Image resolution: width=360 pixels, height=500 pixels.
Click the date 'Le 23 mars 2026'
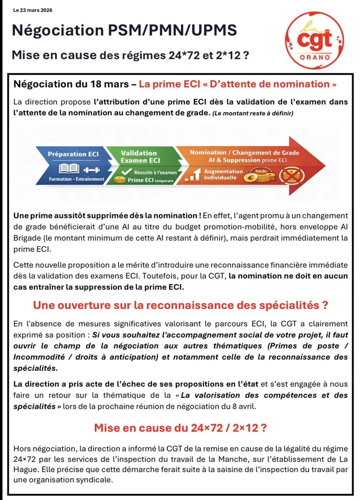(x=33, y=10)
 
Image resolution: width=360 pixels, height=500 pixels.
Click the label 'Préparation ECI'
(x=73, y=154)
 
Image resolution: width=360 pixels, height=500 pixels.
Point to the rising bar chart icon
(x=192, y=176)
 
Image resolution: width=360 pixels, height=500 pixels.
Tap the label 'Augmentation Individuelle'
(x=223, y=174)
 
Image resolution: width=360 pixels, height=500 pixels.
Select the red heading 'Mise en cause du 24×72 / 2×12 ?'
(x=180, y=427)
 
